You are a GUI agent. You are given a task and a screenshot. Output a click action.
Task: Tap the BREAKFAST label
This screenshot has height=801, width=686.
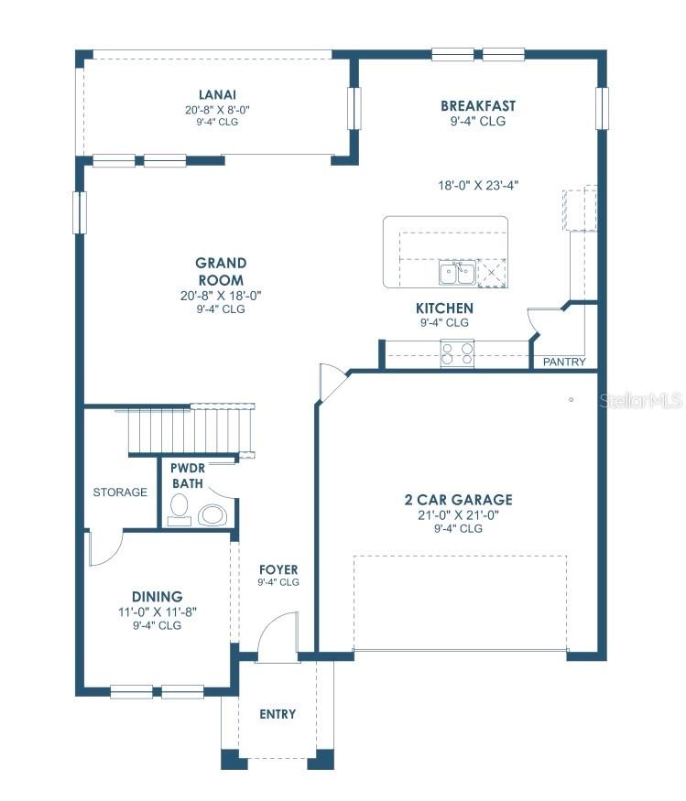pos(477,105)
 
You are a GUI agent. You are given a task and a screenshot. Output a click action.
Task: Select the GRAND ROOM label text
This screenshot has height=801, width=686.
pos(221,271)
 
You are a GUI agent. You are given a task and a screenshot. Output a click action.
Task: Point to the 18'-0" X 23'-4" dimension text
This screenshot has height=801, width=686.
pos(478,185)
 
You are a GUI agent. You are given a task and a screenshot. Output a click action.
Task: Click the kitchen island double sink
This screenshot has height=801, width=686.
pos(455,272)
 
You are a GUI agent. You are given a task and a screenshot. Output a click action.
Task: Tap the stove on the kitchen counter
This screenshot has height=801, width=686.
pos(457,352)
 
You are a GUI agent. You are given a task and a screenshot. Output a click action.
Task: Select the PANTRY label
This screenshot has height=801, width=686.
pos(564,362)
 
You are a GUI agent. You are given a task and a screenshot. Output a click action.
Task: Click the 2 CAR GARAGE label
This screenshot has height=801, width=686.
pos(458,500)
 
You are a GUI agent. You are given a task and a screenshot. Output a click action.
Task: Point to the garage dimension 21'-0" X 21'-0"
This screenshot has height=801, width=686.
pos(458,514)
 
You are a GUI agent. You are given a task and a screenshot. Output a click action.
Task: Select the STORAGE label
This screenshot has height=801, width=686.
pos(120,492)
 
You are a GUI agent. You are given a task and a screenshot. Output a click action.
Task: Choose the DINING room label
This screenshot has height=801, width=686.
pos(157,596)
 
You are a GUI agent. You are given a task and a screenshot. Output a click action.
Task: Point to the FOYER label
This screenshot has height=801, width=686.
pos(278,569)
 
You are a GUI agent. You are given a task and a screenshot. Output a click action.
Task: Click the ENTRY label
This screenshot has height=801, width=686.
pos(277,713)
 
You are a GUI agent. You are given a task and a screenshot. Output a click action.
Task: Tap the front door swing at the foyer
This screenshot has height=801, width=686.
pos(277,636)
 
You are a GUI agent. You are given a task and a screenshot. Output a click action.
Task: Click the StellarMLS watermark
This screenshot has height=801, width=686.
pos(641,401)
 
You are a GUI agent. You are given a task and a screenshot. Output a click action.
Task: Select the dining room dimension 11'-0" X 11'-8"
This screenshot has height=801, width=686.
pos(157,612)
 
